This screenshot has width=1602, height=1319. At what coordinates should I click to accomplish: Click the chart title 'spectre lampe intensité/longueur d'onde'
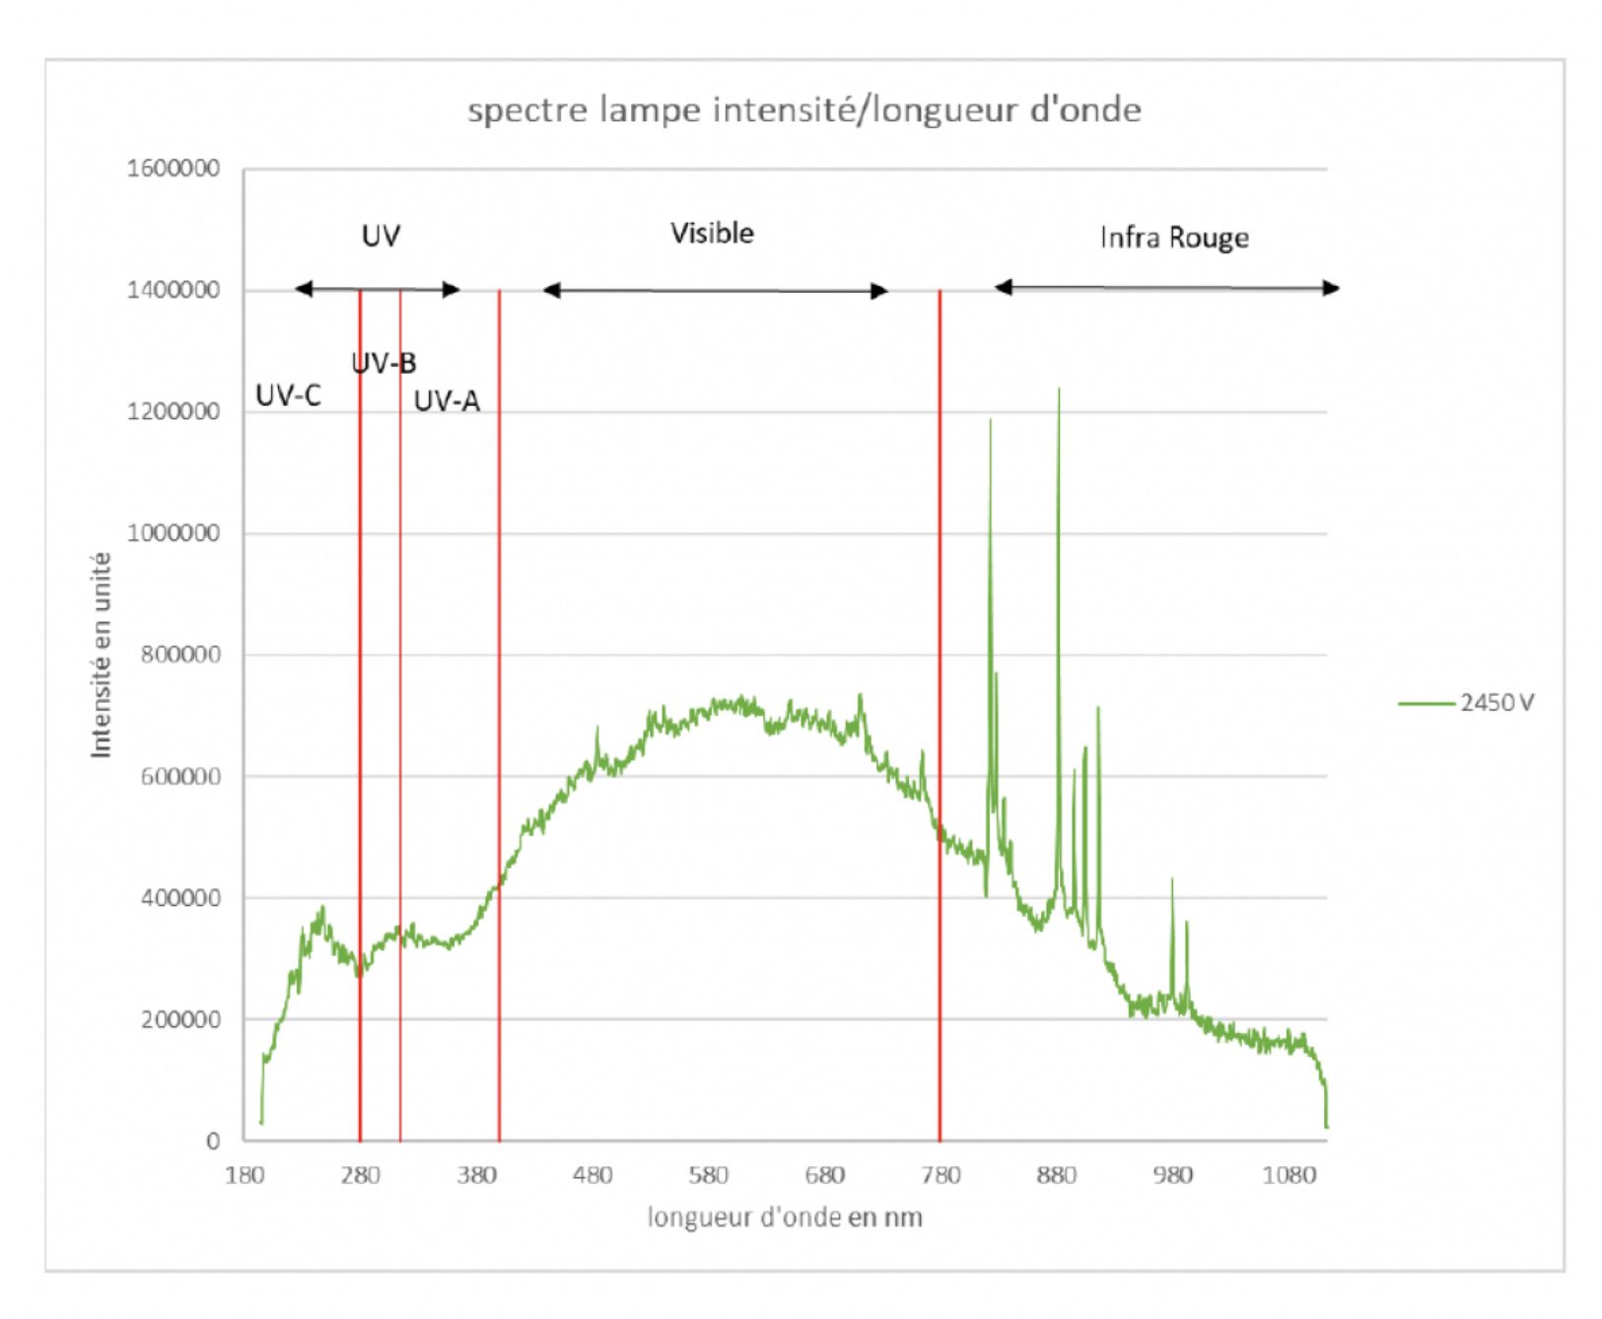803,109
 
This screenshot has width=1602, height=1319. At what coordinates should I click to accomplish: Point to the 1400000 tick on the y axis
174,290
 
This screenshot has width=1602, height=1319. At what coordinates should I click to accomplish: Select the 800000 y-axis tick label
180,655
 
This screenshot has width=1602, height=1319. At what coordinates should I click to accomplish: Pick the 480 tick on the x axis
592,1175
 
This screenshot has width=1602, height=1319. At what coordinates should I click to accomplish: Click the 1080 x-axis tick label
1289,1175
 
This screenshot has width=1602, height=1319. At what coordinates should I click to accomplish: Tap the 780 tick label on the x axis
940,1175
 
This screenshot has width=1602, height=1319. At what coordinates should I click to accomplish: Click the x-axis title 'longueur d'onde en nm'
785,1217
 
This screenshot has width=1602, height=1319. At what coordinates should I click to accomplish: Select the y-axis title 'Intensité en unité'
102,655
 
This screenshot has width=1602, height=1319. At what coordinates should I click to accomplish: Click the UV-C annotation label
288,396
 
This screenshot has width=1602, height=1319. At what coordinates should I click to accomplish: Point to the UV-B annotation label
384,364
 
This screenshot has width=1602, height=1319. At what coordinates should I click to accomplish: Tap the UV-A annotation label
447,401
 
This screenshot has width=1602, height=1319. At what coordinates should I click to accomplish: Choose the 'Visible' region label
712,234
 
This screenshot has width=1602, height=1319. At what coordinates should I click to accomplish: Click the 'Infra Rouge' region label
1174,238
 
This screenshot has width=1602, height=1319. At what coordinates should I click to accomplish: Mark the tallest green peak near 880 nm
1059,391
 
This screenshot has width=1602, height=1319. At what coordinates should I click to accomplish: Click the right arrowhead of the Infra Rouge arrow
1332,288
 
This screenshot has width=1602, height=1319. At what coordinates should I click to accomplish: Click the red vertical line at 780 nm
940,690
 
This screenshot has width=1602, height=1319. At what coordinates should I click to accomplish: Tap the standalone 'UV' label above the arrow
381,236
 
